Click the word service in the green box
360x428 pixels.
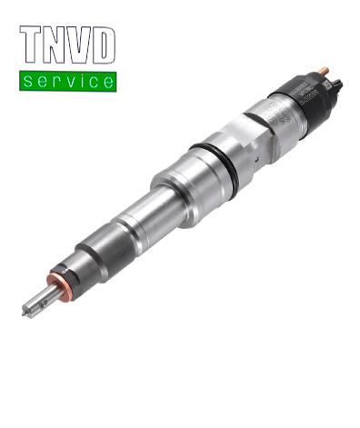pos(68,82)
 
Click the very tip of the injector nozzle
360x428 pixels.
pos(24,314)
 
